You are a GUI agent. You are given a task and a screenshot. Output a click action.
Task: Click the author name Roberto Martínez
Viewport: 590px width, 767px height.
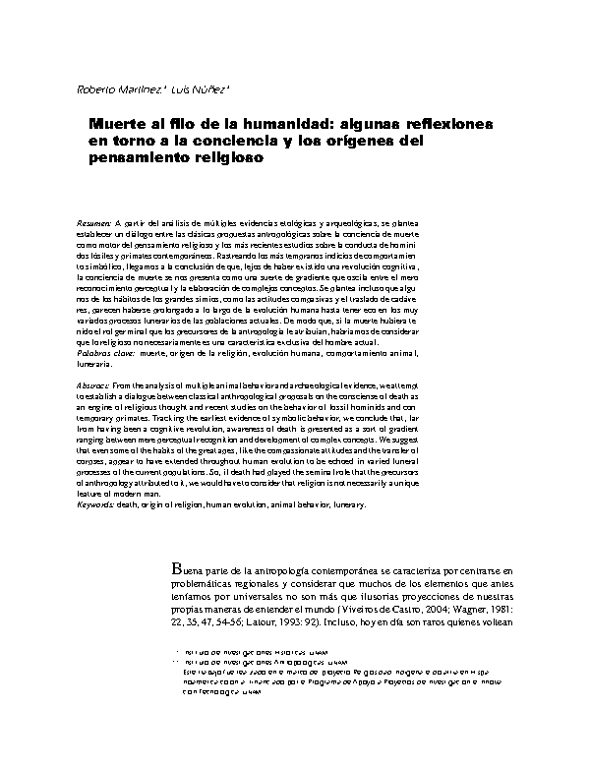(110, 92)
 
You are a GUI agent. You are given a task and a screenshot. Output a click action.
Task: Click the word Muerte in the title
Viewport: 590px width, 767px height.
(114, 126)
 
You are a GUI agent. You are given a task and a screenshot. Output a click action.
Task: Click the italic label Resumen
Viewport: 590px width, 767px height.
(94, 224)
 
